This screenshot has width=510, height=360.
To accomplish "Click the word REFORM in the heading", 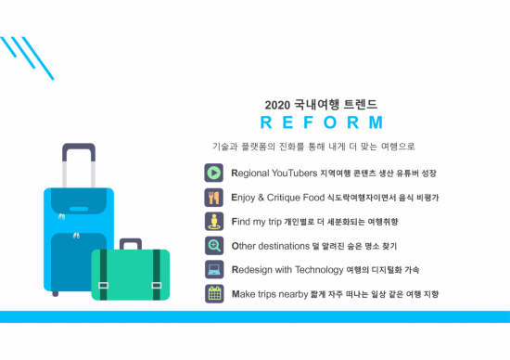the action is (x=321, y=122).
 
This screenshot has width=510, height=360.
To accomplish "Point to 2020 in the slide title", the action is (x=278, y=104).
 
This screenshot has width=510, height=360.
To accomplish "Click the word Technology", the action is (x=317, y=270).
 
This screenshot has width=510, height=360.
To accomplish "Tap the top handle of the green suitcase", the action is (x=130, y=243).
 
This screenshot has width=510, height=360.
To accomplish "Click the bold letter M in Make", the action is (x=236, y=294).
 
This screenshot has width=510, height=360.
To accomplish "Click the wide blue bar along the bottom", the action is (x=255, y=317).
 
